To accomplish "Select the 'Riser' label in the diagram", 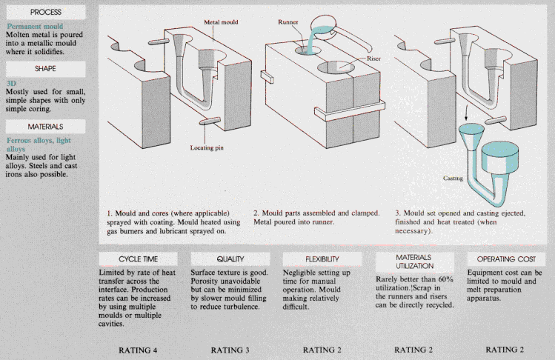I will tap(374, 58).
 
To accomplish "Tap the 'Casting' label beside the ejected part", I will tap(445, 178).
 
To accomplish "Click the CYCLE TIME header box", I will tap(139, 259).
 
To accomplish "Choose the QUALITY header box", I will tap(230, 259).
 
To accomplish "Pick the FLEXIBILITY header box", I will tap(322, 259).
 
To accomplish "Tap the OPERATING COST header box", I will tap(506, 259).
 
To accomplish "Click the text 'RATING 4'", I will tap(139, 349).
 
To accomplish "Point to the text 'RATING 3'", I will tap(230, 349).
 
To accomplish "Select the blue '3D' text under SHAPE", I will tap(11, 84).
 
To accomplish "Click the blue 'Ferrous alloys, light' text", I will tap(39, 140).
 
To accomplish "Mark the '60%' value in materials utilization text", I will tap(442, 279).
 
